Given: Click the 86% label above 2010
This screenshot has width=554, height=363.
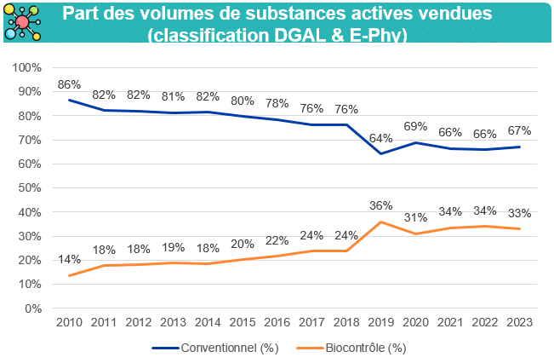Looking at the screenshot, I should (x=69, y=85).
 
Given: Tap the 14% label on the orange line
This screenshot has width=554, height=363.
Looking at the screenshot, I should (x=69, y=259).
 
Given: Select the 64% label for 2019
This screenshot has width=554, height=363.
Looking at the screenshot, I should (x=380, y=138).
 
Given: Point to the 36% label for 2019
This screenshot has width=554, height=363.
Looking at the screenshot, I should (x=380, y=205).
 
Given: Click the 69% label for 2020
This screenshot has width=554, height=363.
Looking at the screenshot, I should (x=415, y=126).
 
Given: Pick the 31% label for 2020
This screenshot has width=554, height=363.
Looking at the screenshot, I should (x=415, y=217).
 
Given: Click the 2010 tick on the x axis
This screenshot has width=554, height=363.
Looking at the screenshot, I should (x=69, y=323).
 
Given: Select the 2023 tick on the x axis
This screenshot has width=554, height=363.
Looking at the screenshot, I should (x=519, y=323).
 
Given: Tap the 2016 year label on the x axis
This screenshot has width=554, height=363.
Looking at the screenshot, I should (x=277, y=323).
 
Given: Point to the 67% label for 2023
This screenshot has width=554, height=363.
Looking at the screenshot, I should (x=519, y=130).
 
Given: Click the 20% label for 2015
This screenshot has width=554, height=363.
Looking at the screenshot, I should (x=242, y=244).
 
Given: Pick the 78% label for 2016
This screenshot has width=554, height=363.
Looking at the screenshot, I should (x=277, y=103).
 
